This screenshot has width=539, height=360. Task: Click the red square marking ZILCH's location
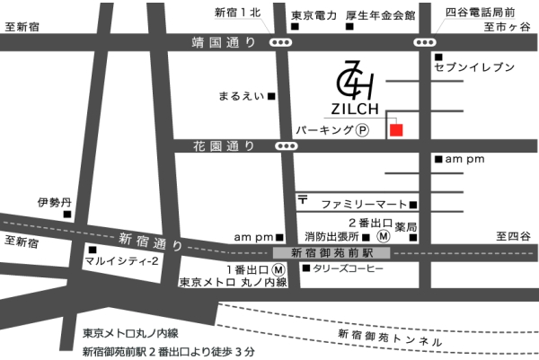click(x=396, y=130)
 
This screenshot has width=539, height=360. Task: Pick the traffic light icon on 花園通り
click(x=287, y=145)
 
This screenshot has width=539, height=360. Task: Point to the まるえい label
click(x=242, y=95)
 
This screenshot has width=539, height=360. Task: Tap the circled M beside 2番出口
click(x=384, y=236)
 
